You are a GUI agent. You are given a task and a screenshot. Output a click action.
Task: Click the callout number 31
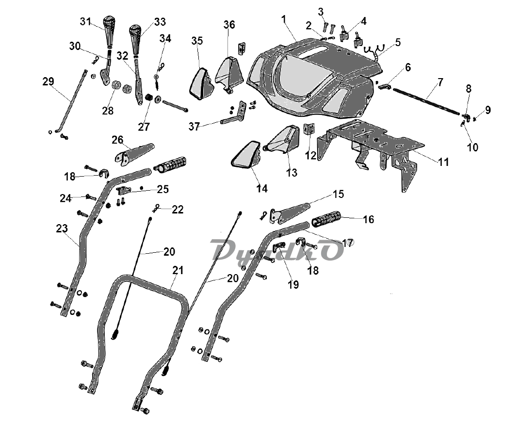[x=86, y=21]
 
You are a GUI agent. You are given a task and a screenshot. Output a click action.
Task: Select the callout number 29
[x=48, y=82]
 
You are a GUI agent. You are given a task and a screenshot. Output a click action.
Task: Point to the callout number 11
[x=443, y=162]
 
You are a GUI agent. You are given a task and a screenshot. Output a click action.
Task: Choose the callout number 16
[x=368, y=219]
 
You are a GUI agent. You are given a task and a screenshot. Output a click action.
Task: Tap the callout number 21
[x=178, y=270]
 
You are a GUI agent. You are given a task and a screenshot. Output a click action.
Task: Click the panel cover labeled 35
[x=199, y=83]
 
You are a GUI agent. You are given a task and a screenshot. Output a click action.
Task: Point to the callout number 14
[x=262, y=189]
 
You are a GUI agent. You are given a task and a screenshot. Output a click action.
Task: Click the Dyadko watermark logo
[x=281, y=250]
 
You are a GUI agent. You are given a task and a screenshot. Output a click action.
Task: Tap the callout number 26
[x=117, y=140]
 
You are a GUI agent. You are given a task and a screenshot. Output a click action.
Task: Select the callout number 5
[x=398, y=42]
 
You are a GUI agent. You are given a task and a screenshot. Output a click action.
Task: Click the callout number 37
[x=194, y=127]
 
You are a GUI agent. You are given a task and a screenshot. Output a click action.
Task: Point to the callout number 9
[x=487, y=110]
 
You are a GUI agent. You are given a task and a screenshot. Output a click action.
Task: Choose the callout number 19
[x=293, y=284]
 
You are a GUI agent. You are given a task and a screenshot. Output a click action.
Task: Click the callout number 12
[x=310, y=155]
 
